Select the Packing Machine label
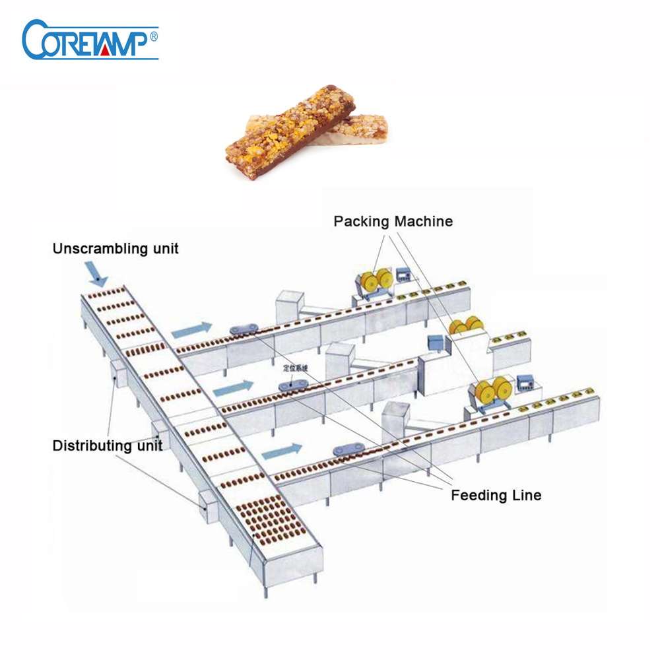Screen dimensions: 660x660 point(393,221)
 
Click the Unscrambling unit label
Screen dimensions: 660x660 point(116,249)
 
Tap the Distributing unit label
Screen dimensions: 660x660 point(107,445)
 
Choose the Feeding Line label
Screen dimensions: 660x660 point(496,495)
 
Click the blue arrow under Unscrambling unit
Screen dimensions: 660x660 point(96,273)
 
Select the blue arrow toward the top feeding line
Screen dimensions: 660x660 point(192,327)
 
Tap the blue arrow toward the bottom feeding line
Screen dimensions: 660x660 point(282,451)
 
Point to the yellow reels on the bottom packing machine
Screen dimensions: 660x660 point(490,391)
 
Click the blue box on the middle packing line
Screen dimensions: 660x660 point(435,343)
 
